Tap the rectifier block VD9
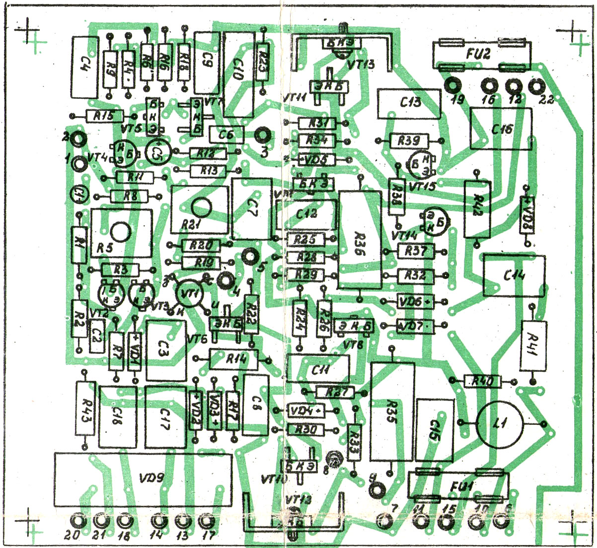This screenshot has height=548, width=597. (x=143, y=479)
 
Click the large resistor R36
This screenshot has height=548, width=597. (x=360, y=240)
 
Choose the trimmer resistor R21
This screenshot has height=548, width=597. (x=200, y=209)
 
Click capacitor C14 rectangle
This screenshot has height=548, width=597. (x=514, y=276)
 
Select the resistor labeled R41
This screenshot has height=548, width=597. (x=533, y=345)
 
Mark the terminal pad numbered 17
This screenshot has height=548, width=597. (x=205, y=521)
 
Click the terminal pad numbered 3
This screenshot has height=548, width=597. (x=262, y=135)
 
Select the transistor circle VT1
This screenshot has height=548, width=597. (x=189, y=295)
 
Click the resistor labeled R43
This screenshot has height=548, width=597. (x=85, y=408)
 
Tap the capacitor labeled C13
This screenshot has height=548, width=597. (x=408, y=104)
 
